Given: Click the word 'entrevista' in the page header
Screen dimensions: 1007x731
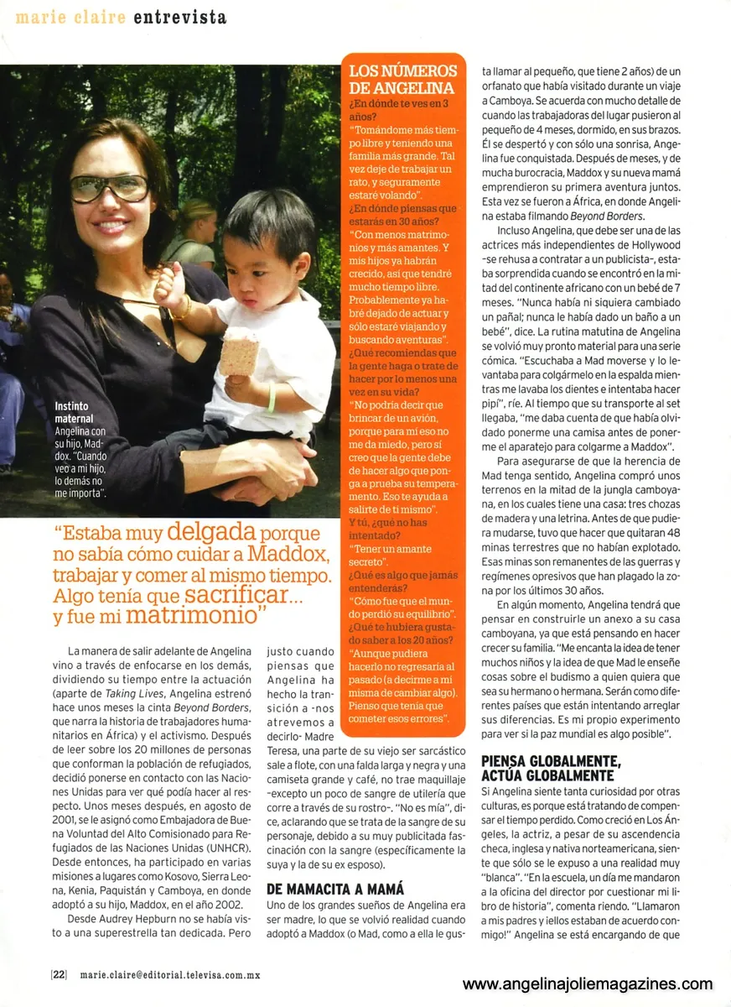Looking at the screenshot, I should coord(179,16).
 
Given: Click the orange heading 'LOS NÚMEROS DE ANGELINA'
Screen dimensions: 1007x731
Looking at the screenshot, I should coord(402,80).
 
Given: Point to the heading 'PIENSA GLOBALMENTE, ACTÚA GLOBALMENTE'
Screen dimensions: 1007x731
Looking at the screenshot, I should coord(563,767).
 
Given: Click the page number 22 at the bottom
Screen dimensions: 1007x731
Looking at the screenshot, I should coord(59,974).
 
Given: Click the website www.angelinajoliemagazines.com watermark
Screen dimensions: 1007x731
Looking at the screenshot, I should coord(588,984).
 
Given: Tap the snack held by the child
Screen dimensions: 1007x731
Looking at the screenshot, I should coord(240,350).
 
